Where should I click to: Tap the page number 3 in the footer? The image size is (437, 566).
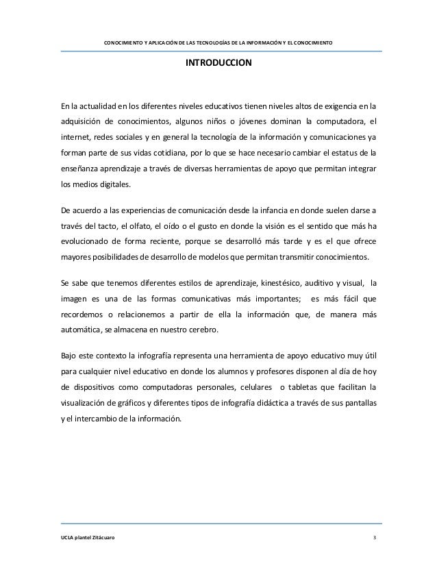pos(374,539)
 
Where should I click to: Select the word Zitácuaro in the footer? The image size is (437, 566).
pos(100,539)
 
